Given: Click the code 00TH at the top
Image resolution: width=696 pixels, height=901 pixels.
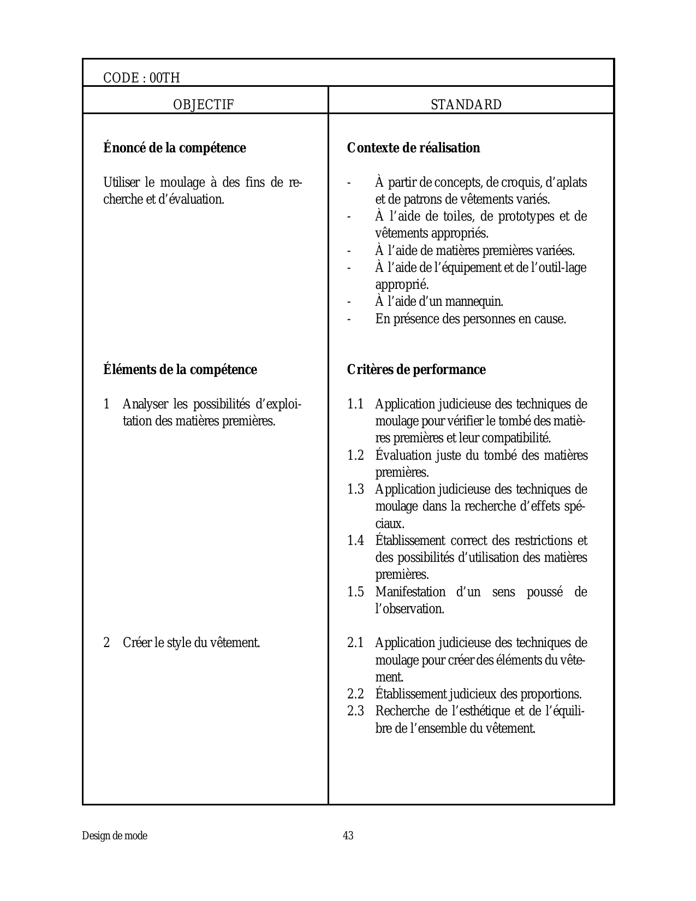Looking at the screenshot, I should [141, 78].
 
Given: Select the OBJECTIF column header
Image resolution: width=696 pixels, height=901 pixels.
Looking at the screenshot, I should [204, 105].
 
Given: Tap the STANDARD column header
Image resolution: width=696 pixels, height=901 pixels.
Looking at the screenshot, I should [466, 105].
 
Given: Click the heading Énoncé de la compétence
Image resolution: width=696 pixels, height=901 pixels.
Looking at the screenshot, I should [175, 148].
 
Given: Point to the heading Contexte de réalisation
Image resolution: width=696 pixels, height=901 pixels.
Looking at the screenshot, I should [413, 148].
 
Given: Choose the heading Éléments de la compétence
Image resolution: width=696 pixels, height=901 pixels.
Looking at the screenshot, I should [180, 370].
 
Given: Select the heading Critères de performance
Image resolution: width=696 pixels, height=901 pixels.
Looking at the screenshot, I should [416, 370].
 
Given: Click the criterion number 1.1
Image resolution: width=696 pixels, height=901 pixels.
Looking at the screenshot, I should [355, 405].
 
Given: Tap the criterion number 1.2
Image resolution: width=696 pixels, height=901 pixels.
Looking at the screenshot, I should [355, 455].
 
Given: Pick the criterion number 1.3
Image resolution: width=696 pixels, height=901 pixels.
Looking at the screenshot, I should [355, 489].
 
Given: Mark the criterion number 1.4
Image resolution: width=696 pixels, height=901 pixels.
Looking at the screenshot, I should [355, 541].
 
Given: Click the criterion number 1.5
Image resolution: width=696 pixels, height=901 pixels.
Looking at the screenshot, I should [355, 592].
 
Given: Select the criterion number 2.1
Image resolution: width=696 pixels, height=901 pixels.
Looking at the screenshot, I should [355, 643].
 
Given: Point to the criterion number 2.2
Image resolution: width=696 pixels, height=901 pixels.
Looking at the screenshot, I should [355, 694].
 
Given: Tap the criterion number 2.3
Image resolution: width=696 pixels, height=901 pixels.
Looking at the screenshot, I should [355, 711].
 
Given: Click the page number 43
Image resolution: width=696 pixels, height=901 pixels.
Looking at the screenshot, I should [348, 835].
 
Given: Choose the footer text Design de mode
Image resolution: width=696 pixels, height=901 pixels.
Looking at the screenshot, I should [115, 835].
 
